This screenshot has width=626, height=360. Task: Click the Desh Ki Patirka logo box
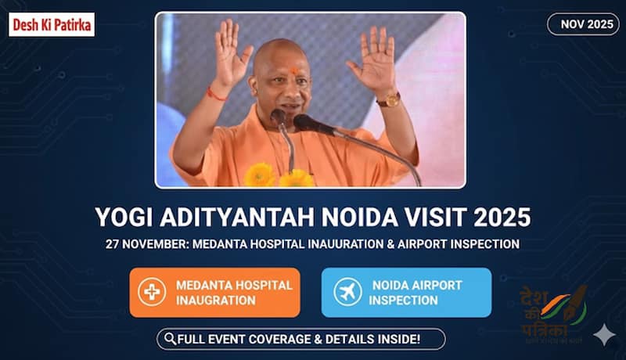point(52,25)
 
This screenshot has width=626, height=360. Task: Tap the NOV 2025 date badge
point(583,24)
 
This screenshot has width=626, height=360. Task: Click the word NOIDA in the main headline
point(359,217)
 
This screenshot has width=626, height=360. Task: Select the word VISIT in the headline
point(436,217)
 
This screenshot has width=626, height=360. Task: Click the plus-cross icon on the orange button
point(152,292)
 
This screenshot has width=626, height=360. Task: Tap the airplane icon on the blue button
point(347,292)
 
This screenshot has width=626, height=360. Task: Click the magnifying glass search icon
point(170,339)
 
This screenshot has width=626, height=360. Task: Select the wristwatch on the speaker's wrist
point(389,99)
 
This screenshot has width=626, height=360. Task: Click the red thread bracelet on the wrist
point(217,95)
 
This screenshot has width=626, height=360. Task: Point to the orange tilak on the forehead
point(294,71)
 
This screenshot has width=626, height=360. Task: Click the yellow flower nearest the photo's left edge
point(260,175)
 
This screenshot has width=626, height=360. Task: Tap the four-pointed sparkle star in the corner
point(604,334)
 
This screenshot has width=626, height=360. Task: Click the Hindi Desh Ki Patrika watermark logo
point(553,314)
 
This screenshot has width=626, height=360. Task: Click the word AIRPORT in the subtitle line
point(422,244)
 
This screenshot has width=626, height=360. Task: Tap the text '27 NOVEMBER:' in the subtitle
point(147,244)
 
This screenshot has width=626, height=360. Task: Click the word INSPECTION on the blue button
point(403,301)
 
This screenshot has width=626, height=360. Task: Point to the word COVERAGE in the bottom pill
point(279,339)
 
